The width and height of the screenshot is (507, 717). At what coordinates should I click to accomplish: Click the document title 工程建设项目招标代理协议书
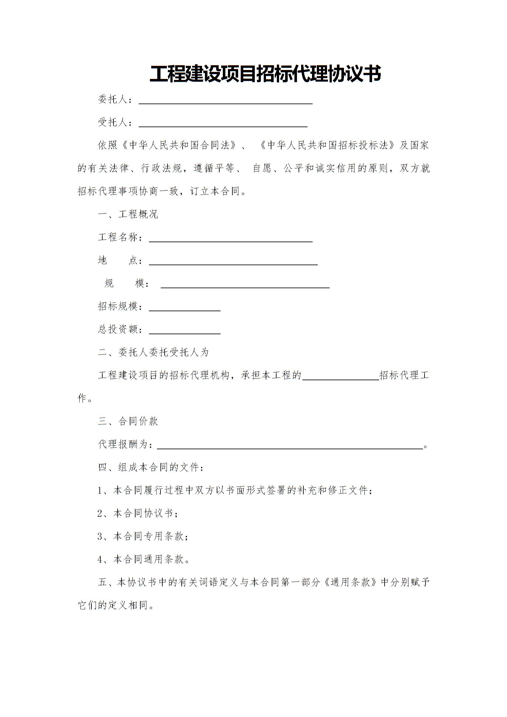pos(265,74)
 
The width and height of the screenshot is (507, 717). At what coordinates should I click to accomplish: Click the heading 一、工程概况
pos(128,214)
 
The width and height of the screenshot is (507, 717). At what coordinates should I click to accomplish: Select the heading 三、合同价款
pos(128,421)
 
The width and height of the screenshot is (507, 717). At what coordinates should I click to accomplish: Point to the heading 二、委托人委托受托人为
pos(153,352)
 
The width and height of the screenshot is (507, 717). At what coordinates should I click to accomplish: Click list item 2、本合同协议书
pos(137,513)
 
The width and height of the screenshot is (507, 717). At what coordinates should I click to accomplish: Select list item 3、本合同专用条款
pos(143,536)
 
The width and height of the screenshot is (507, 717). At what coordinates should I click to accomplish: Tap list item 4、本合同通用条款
pos(143,559)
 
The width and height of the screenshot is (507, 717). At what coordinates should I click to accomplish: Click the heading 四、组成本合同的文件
pos(150,467)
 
